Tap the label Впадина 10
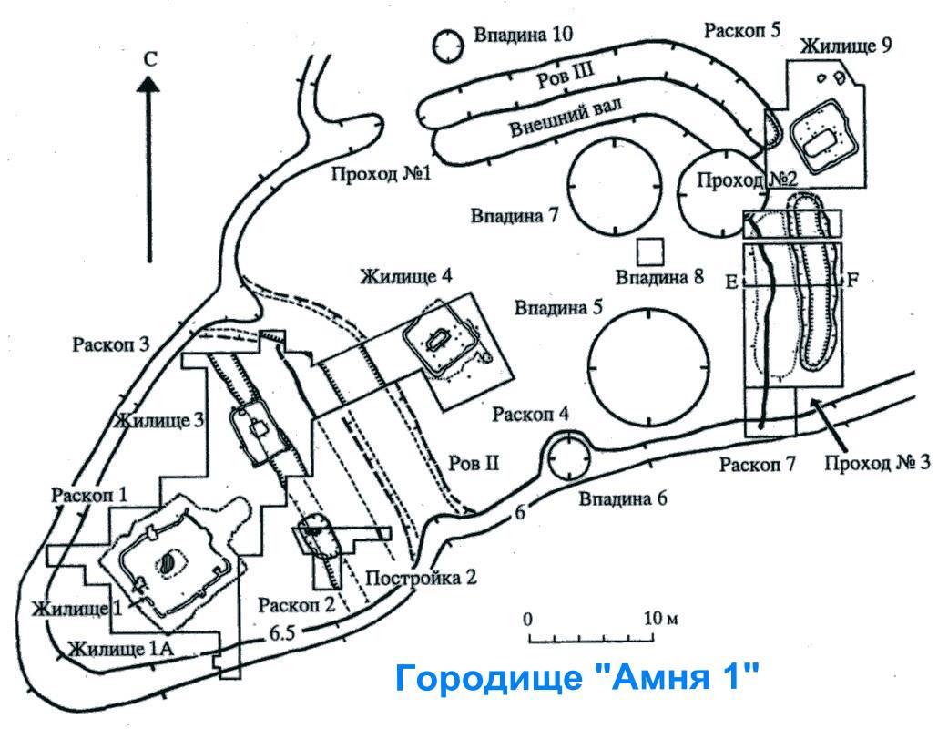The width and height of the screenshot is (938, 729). (522, 36)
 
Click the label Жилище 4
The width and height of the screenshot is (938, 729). (406, 275)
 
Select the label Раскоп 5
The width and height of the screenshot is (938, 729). (742, 29)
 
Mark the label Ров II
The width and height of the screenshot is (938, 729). (474, 463)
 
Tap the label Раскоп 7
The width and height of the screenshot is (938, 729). (758, 465)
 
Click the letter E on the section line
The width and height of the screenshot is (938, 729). (730, 282)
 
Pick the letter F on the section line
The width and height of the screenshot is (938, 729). (852, 281)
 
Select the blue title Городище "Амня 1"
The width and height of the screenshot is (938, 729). (576, 679)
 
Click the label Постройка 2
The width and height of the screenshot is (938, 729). (422, 577)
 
